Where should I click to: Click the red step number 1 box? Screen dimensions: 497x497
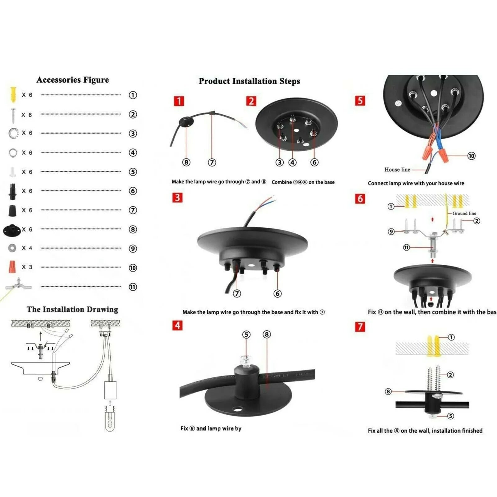click(x=179, y=101)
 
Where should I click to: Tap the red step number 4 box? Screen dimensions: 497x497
click(x=177, y=325)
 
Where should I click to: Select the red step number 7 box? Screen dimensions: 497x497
click(x=360, y=326)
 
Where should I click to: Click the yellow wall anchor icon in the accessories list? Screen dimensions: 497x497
click(x=13, y=94)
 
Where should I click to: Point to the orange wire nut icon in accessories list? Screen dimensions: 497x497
click(x=12, y=267)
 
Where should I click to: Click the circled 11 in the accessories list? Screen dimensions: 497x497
click(x=133, y=287)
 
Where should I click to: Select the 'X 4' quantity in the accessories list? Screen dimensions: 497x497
click(x=27, y=248)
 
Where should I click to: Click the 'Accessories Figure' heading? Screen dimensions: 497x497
click(x=73, y=80)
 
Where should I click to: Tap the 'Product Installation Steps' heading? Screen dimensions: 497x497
click(x=249, y=81)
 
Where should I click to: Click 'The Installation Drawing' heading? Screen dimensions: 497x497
click(x=72, y=309)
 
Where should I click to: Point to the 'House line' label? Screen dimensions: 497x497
click(x=397, y=170)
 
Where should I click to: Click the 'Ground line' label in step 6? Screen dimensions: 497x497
click(x=464, y=213)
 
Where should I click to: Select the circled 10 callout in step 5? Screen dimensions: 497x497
click(x=471, y=156)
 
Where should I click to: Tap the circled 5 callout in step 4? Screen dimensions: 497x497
click(x=246, y=335)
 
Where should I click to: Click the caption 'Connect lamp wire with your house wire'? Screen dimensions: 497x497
click(x=416, y=183)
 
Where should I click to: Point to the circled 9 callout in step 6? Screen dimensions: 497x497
click(x=391, y=231)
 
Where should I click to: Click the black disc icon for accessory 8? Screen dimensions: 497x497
click(x=12, y=230)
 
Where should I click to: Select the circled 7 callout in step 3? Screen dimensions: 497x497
click(x=237, y=294)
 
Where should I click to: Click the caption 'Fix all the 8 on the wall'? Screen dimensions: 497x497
click(x=425, y=431)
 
